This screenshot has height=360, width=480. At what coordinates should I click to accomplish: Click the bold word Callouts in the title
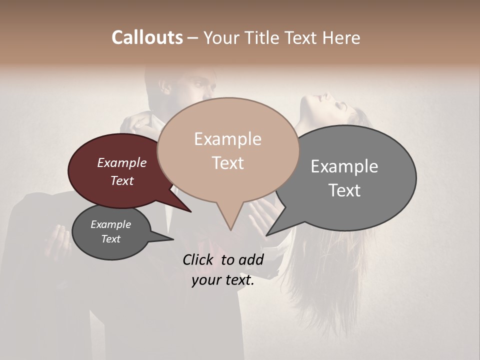point(147,37)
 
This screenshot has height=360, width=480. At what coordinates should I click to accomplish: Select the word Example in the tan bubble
point(227,139)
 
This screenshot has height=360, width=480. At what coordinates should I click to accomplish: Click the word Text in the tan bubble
point(227,163)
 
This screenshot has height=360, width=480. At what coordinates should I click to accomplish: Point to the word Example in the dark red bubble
point(121,162)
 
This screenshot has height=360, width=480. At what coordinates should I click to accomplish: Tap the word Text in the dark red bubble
point(121,180)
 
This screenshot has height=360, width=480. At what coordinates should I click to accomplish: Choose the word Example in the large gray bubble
point(344,166)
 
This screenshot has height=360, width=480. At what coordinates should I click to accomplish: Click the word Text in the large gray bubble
point(344,190)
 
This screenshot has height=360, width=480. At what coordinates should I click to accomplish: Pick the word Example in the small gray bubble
point(110,224)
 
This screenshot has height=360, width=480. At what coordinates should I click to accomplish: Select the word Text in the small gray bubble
point(110,239)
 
